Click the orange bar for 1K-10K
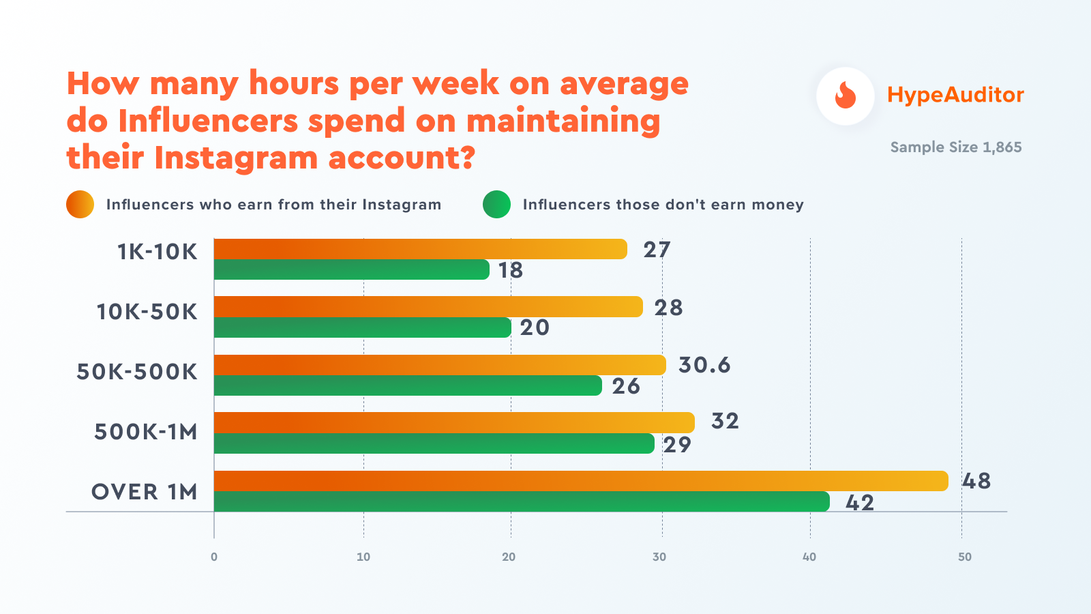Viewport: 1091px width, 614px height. (420, 249)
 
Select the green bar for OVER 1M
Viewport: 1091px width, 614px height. (522, 501)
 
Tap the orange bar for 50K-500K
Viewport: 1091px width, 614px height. (440, 365)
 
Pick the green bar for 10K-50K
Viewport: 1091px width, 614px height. (362, 327)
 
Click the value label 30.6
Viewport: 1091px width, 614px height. (704, 365)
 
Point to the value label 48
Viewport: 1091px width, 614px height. (976, 481)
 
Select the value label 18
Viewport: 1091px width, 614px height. (511, 271)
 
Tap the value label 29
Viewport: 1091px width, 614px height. (677, 445)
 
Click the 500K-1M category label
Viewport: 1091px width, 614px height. (146, 432)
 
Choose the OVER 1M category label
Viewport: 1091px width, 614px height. (145, 492)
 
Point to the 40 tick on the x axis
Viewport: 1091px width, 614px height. (809, 557)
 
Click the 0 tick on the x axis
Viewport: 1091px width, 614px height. (214, 557)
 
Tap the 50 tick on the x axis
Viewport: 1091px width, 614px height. (964, 557)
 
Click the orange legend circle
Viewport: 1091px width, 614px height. (80, 205)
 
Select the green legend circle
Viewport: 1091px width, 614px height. (496, 205)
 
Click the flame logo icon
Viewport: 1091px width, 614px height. (846, 96)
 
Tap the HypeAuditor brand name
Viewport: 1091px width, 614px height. (955, 95)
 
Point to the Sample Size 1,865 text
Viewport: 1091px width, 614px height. (956, 147)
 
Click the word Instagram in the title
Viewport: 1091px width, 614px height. (236, 158)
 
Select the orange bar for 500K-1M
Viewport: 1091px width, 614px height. (454, 423)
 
